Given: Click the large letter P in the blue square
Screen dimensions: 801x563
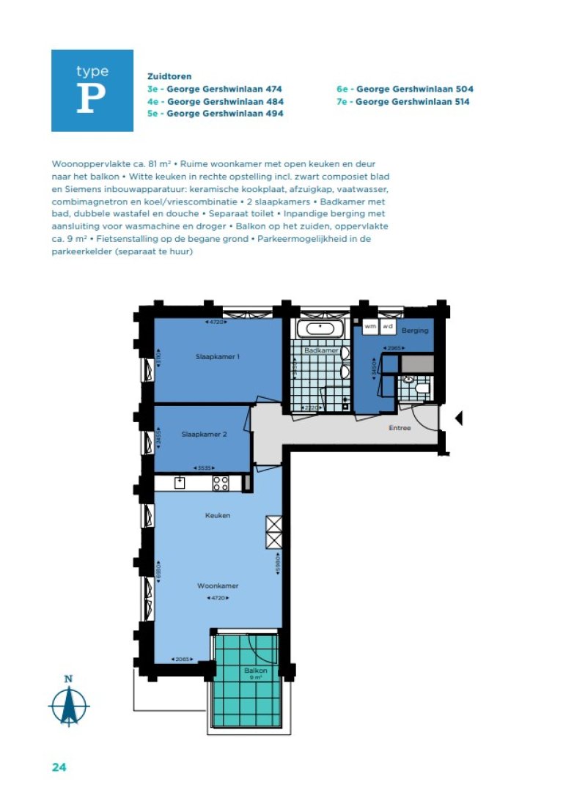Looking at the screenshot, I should pyautogui.click(x=87, y=100).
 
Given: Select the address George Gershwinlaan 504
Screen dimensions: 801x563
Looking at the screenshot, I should pyautogui.click(x=405, y=89).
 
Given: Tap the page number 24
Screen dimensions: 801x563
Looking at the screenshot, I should pyautogui.click(x=59, y=767).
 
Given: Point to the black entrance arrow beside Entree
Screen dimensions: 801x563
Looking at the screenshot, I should pyautogui.click(x=459, y=418).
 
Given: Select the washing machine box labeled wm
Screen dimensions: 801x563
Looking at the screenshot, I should pyautogui.click(x=370, y=325).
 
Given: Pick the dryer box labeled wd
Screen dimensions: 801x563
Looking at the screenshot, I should pyautogui.click(x=388, y=325).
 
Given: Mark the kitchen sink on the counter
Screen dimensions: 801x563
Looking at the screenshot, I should pyautogui.click(x=179, y=482).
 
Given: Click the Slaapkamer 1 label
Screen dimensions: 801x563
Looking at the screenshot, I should pyautogui.click(x=218, y=357).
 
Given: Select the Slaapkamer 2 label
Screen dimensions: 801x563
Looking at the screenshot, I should pyautogui.click(x=204, y=434).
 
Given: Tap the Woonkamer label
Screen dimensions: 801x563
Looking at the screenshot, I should pyautogui.click(x=218, y=586).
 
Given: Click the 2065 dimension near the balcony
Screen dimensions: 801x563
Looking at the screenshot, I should pyautogui.click(x=180, y=660).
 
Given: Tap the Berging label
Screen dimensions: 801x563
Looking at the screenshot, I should pyautogui.click(x=415, y=331).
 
